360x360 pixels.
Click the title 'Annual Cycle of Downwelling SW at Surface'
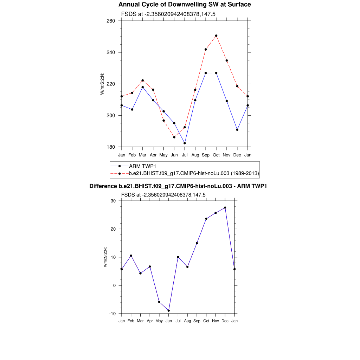click(x=185, y=5)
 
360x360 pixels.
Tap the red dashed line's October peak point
click(x=216, y=36)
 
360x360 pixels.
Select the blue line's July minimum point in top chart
click(x=185, y=143)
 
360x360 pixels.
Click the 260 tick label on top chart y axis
click(x=111, y=21)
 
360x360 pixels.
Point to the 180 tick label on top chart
click(x=111, y=147)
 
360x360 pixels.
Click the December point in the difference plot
click(x=225, y=208)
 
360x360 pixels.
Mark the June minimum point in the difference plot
click(x=169, y=311)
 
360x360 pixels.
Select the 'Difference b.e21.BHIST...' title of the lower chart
click(x=178, y=186)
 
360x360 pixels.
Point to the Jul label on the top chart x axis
click(x=185, y=155)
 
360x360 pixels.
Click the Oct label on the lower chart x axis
click(x=206, y=321)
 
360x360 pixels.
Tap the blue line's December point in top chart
click(x=237, y=130)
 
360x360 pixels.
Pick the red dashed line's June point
click(x=174, y=137)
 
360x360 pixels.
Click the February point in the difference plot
click(x=131, y=256)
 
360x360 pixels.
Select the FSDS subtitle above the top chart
click(x=168, y=14)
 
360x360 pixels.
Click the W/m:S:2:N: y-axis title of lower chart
click(x=105, y=257)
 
